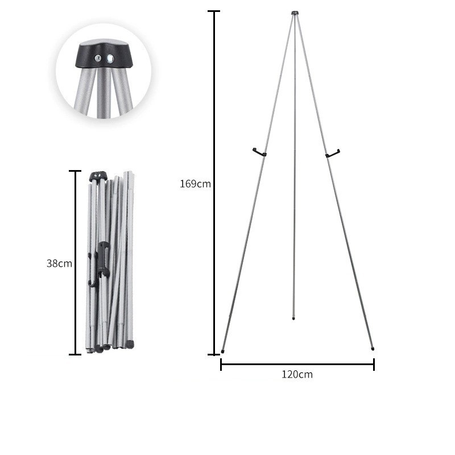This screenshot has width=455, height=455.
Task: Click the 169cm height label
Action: [195, 184]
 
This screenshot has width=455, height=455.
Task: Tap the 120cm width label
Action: [297, 374]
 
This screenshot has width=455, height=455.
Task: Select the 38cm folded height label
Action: [59, 263]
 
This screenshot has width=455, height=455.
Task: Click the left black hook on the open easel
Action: [259, 152]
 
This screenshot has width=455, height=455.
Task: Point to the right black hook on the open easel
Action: [332, 152]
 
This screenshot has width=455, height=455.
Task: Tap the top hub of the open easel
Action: [295, 13]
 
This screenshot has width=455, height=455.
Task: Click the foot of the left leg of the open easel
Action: [222, 351]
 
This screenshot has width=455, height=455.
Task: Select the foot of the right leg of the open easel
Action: [373, 348]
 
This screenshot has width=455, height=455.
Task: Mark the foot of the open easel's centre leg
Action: [293, 317]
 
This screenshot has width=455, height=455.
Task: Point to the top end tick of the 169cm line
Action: [214, 11]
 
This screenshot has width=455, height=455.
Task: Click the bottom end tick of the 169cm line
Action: [214, 354]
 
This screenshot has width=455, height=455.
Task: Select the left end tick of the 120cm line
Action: [221, 365]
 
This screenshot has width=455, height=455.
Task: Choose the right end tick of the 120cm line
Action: [374, 365]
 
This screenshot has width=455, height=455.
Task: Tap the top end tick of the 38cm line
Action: [75, 171]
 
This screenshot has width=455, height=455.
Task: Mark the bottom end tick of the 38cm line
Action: [75, 354]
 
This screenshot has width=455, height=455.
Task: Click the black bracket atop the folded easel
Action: [98, 176]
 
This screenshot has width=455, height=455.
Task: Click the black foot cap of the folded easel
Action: [130, 344]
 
